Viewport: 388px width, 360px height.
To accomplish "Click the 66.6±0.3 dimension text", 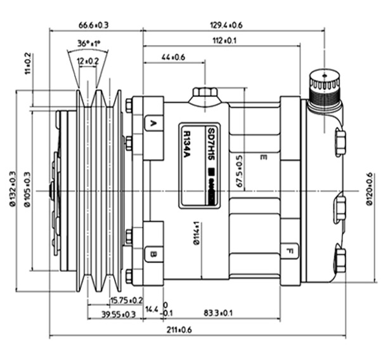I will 94,25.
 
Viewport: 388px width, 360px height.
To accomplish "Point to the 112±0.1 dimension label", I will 225,41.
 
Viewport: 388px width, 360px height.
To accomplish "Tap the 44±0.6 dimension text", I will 173,58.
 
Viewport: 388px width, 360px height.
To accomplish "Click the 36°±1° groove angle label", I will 89,44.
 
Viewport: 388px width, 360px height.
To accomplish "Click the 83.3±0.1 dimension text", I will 219,314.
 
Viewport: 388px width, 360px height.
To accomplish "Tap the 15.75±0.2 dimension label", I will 126,300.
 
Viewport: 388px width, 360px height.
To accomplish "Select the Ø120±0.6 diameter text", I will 370,189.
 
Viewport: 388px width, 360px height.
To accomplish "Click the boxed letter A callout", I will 153,123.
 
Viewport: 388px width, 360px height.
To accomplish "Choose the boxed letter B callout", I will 153,255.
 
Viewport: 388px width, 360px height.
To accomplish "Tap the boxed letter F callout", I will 290,250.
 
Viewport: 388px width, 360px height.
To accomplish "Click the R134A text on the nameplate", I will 190,146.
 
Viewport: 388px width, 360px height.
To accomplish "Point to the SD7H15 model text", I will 210,145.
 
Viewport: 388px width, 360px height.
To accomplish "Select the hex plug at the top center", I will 204,94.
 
